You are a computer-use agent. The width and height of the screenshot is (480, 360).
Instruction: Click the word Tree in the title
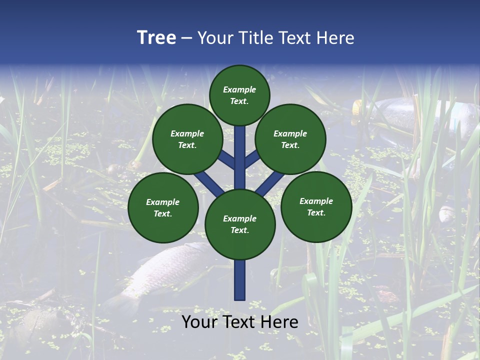[x=156, y=38]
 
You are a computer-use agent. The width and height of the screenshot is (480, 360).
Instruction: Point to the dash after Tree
[x=186, y=38]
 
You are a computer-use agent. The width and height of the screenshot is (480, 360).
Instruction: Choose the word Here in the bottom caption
[x=279, y=322]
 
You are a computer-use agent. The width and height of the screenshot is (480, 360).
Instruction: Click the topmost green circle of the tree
[x=239, y=95]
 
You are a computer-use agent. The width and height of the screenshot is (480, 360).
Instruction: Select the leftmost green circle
[x=163, y=207]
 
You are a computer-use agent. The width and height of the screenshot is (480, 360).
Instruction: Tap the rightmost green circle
[x=316, y=206]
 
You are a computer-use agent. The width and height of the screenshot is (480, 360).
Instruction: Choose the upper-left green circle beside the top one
[x=187, y=139]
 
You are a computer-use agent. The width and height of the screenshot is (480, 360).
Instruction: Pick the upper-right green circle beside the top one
[x=290, y=139]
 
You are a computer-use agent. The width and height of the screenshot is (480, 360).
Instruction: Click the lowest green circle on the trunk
[x=240, y=224]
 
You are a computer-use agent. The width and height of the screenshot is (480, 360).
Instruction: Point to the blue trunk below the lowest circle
[x=240, y=280]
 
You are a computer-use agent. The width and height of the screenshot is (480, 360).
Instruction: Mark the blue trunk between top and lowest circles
[x=240, y=157]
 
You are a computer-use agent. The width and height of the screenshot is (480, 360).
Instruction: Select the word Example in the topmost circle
[x=239, y=89]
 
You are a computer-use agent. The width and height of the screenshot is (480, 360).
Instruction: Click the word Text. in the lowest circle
[x=239, y=230]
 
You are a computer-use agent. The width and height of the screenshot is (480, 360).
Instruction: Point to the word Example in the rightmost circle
[x=316, y=201]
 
